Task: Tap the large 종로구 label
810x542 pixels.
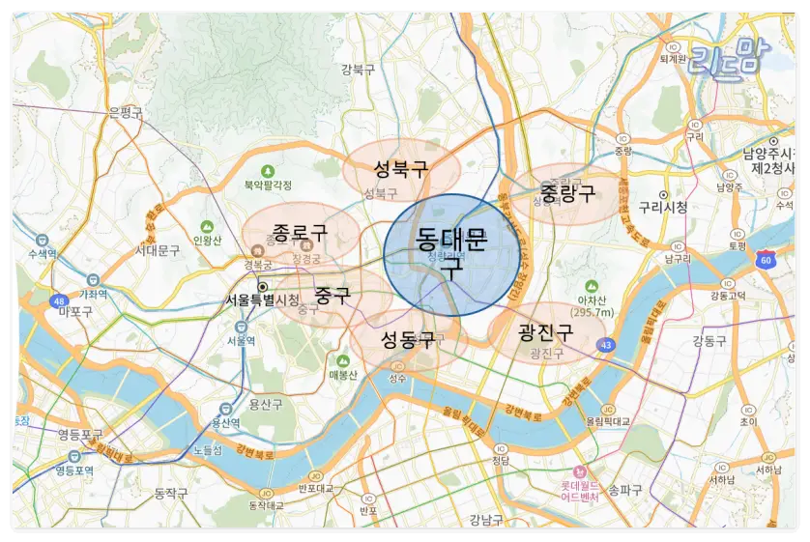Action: [299, 232]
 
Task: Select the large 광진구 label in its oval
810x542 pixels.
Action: [545, 332]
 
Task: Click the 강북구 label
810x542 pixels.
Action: [358, 69]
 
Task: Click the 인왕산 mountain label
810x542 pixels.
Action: [208, 241]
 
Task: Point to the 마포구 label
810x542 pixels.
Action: [74, 312]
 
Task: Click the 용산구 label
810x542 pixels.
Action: [265, 404]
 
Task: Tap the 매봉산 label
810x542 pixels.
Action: [343, 375]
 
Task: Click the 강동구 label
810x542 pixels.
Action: [709, 341]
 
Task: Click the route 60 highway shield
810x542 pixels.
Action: [766, 259]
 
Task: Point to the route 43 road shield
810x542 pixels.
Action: [606, 344]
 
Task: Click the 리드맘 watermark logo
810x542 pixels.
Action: [726, 56]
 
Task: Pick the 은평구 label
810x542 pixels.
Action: [126, 113]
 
